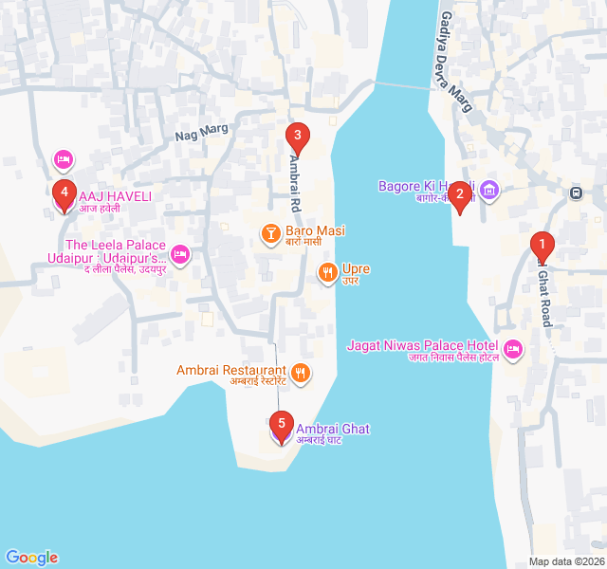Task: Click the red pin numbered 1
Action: point(542,246)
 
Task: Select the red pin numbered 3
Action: point(297,137)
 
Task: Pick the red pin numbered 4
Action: point(64,193)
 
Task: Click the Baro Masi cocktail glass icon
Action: point(270,231)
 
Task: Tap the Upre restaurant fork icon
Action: point(327,273)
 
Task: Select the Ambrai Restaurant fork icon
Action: point(300,372)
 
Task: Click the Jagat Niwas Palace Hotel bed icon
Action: point(513,350)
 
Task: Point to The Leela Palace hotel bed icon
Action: point(180,254)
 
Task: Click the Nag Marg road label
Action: point(195,135)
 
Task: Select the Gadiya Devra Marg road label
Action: point(455,62)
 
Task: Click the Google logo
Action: point(31,558)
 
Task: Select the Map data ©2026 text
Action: point(565,561)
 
